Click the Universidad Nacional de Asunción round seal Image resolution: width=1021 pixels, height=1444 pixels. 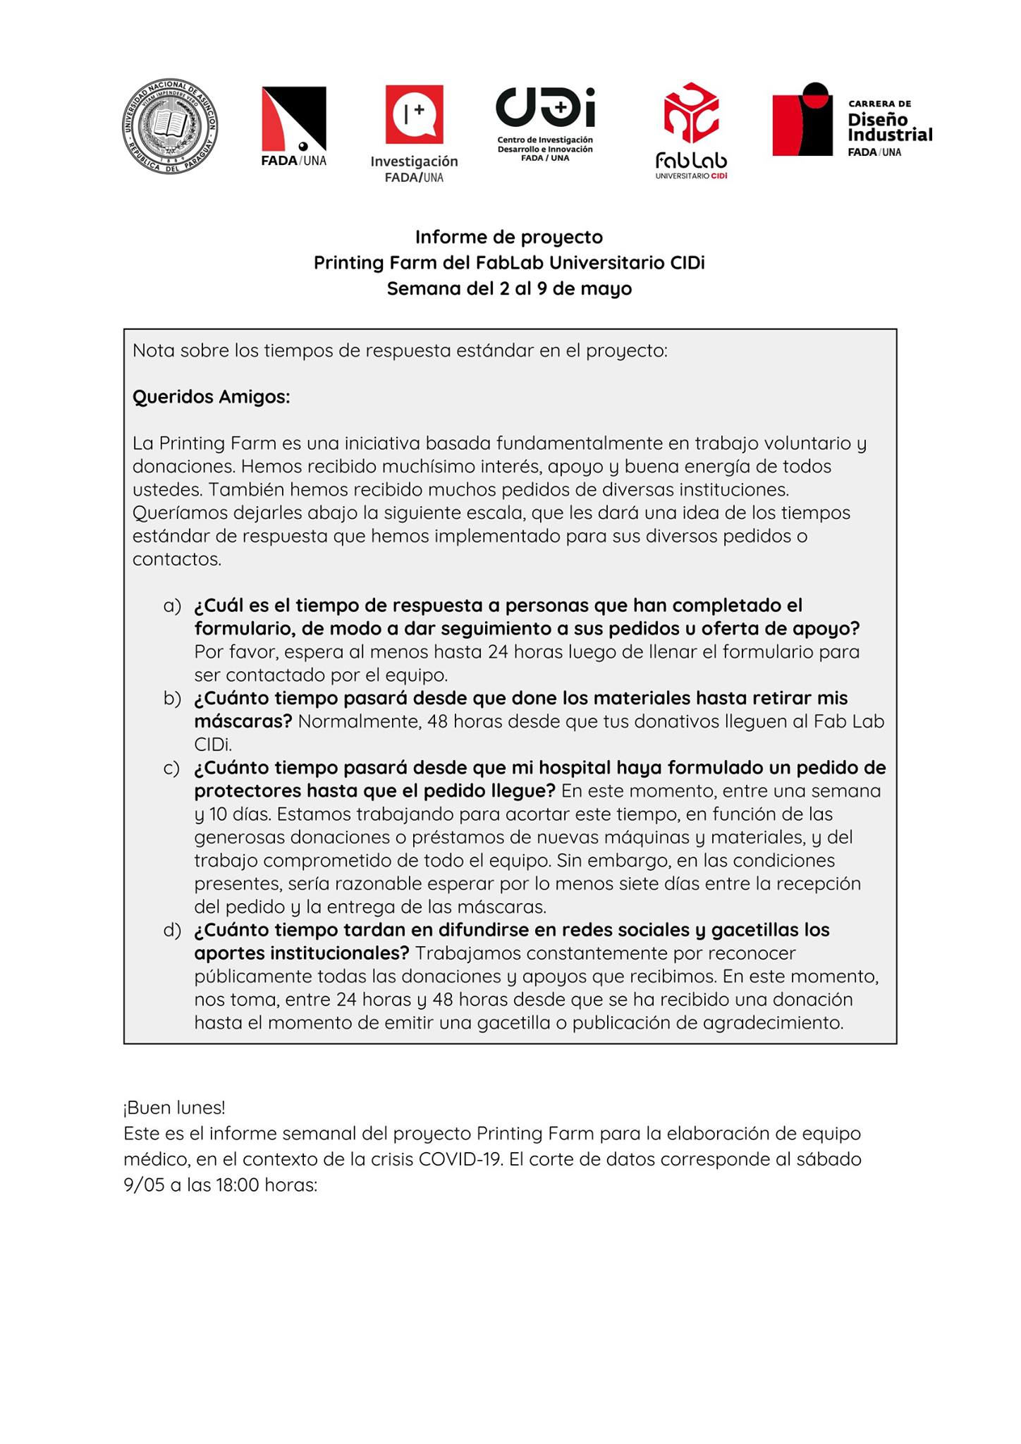pyautogui.click(x=169, y=127)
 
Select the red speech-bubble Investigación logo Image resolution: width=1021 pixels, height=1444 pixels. pyautogui.click(x=414, y=114)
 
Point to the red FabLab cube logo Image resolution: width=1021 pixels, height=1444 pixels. pyautogui.click(x=691, y=113)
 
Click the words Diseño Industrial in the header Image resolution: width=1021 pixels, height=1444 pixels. pyautogui.click(x=889, y=127)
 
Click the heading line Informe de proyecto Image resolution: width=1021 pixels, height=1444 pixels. pyautogui.click(x=508, y=236)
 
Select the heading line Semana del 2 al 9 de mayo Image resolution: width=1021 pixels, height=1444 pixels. pyautogui.click(x=508, y=288)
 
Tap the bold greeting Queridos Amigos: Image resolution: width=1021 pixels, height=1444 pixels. pyautogui.click(x=211, y=397)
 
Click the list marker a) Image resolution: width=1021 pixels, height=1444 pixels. pyautogui.click(x=172, y=606)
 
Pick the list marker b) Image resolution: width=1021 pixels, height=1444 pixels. pyautogui.click(x=172, y=698)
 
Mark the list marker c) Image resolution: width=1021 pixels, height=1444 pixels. pyautogui.click(x=172, y=768)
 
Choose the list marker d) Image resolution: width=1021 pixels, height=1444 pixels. pyautogui.click(x=172, y=930)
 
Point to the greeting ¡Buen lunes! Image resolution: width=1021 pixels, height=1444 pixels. pyautogui.click(x=174, y=1108)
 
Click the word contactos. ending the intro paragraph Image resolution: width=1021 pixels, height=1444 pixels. pyautogui.click(x=177, y=559)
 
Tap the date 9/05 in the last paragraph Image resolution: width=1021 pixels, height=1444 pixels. pyautogui.click(x=144, y=1185)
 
